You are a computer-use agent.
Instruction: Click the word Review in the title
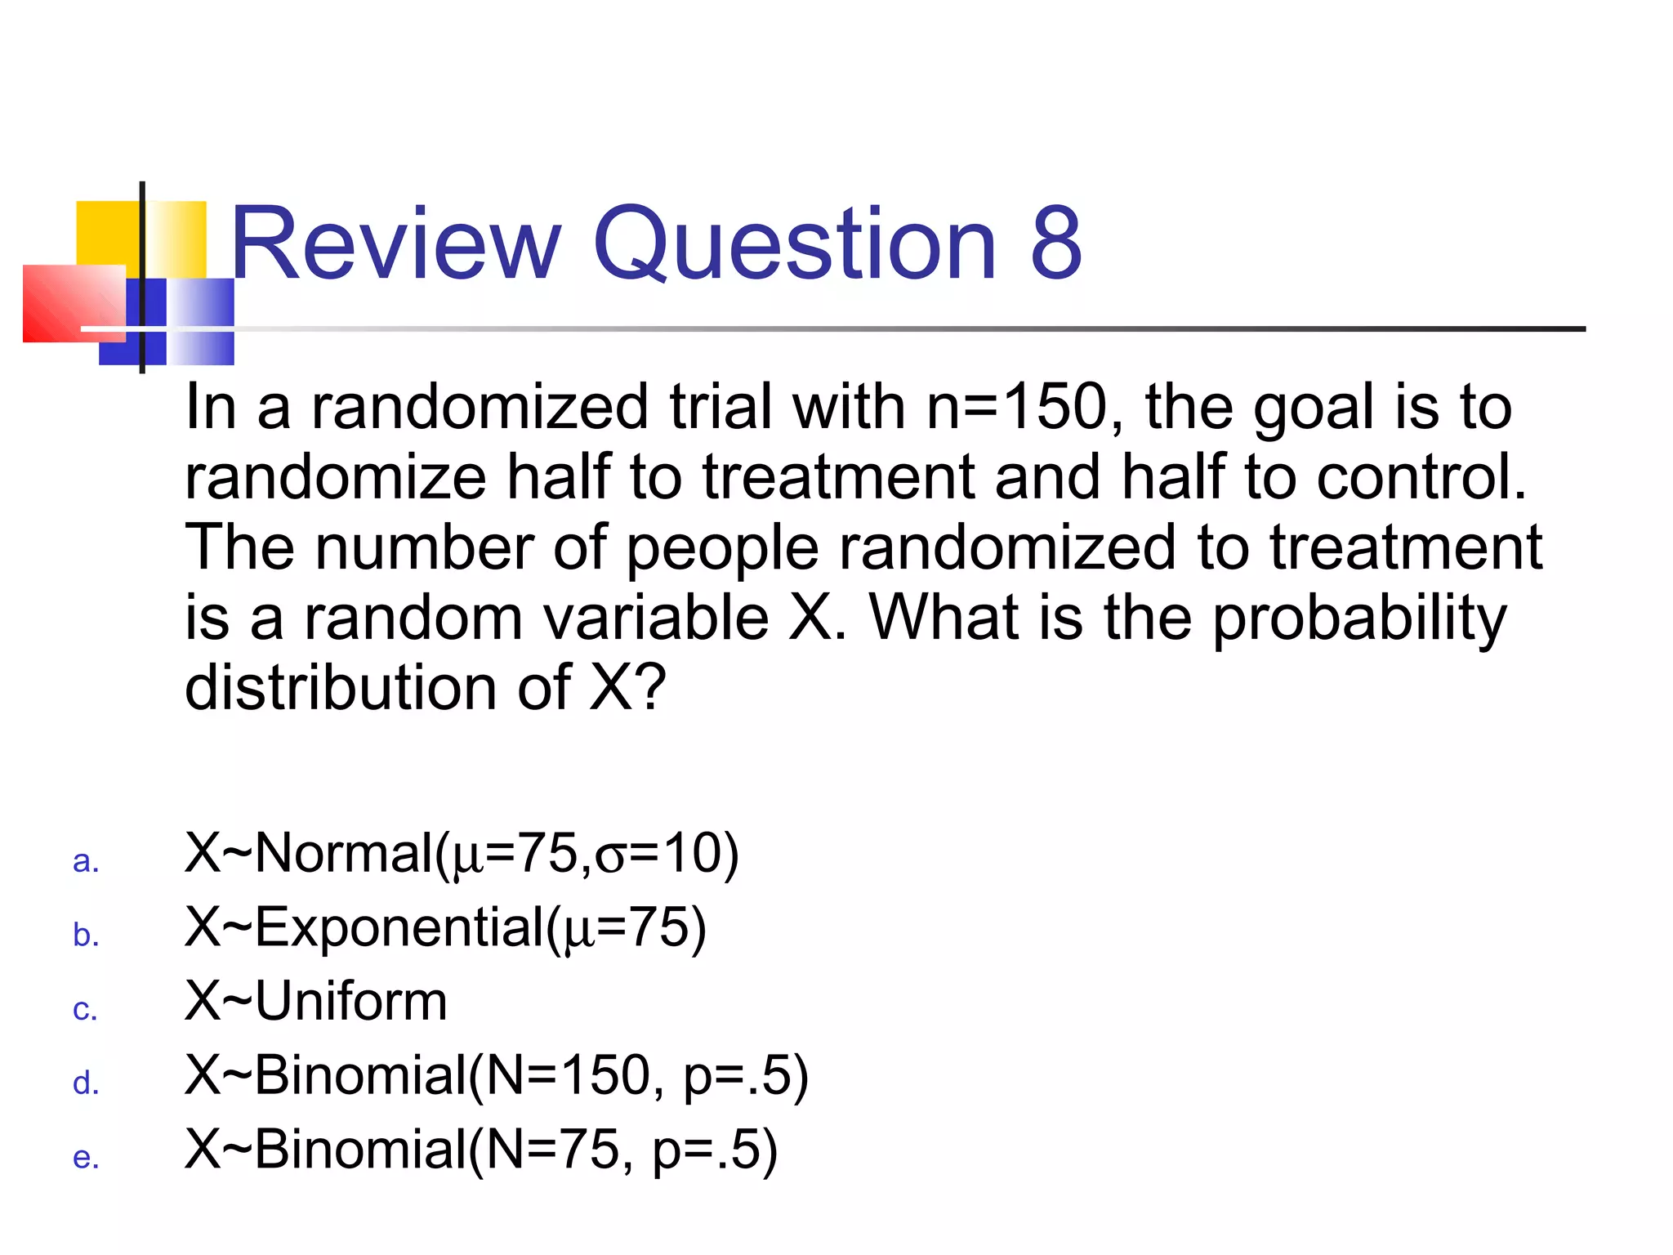[x=395, y=243]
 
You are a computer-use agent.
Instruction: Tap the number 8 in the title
[x=1055, y=243]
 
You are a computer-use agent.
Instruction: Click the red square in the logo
[x=72, y=302]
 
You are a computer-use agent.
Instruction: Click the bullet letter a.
[x=86, y=861]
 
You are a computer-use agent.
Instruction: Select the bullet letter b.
[x=86, y=934]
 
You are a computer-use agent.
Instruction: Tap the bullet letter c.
[x=85, y=1010]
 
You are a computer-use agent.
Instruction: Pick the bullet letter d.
[x=86, y=1083]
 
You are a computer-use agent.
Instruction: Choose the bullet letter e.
[x=86, y=1157]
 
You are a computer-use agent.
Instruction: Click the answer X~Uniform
[x=316, y=1001]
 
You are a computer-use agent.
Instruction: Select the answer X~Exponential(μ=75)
[x=445, y=928]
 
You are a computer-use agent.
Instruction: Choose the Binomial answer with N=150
[x=496, y=1075]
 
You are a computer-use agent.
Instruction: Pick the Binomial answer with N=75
[x=480, y=1150]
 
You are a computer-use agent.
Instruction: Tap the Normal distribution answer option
[x=462, y=855]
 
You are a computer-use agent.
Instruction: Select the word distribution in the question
[x=341, y=688]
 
